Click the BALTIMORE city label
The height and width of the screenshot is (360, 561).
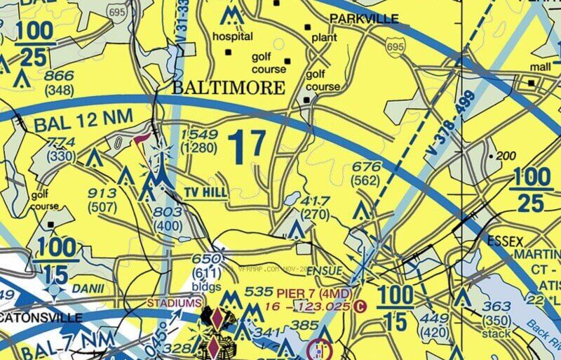pos(229,88)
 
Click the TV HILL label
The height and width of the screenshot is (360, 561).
pos(206,192)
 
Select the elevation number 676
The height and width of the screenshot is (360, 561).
pos(367,167)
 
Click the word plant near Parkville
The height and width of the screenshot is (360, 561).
pos(324,36)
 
